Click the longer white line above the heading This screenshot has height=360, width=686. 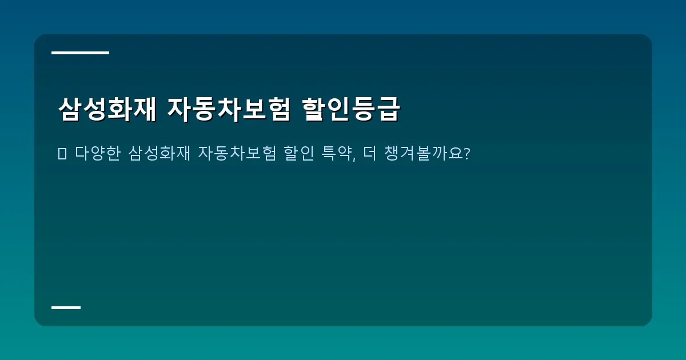click(x=80, y=53)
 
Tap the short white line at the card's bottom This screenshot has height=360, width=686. click(x=66, y=307)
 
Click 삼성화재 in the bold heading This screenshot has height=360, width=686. click(x=107, y=109)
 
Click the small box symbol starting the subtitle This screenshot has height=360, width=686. click(x=62, y=154)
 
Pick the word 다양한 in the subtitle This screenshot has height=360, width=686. click(x=98, y=154)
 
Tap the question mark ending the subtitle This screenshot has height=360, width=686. click(x=466, y=154)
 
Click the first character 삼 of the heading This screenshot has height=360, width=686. click(x=70, y=109)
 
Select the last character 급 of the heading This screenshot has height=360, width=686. click(x=388, y=109)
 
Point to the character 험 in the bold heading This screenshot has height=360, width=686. click(x=278, y=109)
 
